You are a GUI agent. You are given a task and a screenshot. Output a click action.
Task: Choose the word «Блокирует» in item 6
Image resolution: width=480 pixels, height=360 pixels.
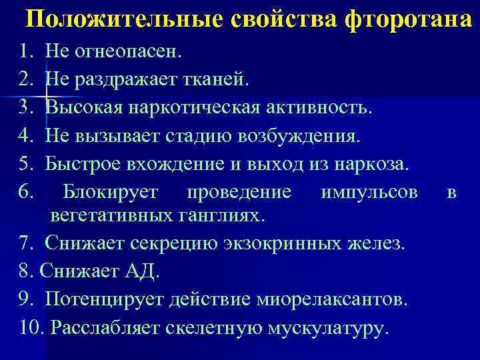pyautogui.click(x=110, y=193)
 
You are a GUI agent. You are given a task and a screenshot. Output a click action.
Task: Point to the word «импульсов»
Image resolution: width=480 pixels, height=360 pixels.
pyautogui.click(x=369, y=193)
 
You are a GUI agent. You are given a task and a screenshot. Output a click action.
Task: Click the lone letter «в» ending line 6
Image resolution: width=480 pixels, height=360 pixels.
pyautogui.click(x=452, y=193)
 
